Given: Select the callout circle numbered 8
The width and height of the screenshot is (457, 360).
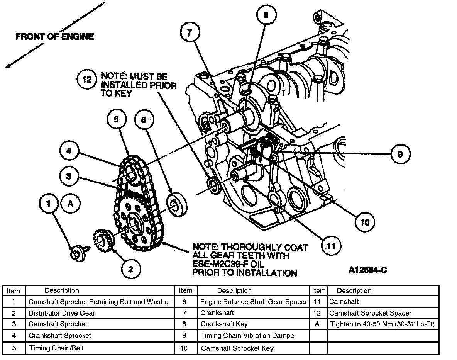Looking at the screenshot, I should (265, 16).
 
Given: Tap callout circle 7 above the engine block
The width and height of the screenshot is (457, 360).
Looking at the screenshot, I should (190, 32).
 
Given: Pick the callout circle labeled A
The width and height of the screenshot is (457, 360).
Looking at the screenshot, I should (70, 204).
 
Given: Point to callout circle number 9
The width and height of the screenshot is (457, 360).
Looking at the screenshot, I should (400, 154).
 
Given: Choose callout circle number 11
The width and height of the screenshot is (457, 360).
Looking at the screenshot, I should (331, 246).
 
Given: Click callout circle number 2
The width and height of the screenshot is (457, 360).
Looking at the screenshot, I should (131, 269).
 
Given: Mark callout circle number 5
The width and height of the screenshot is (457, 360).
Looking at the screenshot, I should (117, 120).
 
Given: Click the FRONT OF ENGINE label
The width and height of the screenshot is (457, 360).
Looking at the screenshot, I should (54, 37).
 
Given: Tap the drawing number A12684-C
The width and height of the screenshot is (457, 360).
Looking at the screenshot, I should (367, 270).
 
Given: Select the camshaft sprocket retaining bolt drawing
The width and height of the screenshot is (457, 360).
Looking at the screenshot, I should (78, 254).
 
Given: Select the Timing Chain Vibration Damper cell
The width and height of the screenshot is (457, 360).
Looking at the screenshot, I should (249, 336).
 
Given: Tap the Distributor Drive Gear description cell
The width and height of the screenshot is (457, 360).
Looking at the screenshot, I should (62, 313).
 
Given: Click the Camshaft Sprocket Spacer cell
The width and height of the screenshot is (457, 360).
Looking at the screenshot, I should (370, 313).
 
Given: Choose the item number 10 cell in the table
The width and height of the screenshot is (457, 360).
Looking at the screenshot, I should (184, 348).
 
